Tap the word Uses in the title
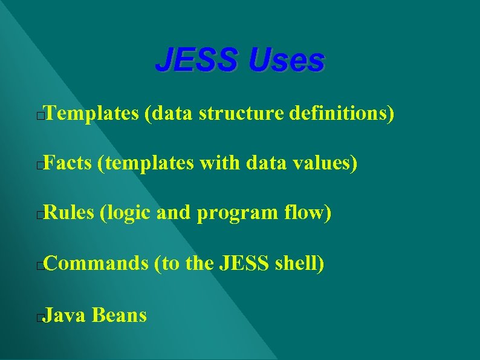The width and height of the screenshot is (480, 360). point(287,61)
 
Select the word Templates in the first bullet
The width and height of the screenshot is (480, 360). point(91,113)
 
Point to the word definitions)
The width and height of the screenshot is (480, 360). point(342,113)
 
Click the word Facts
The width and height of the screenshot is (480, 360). point(68,163)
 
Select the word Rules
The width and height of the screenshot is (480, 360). point(70,213)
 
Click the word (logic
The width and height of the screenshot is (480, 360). point(125,214)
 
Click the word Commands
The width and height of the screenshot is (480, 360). point(96,263)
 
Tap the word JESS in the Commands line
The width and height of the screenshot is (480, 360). point(241,263)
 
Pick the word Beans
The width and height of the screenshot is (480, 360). point(120,315)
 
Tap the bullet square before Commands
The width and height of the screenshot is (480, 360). point(39,266)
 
